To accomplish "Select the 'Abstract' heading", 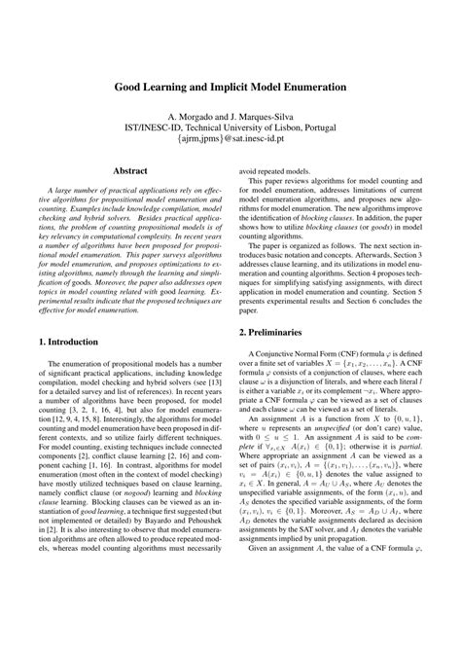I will pyautogui.click(x=130, y=170).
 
